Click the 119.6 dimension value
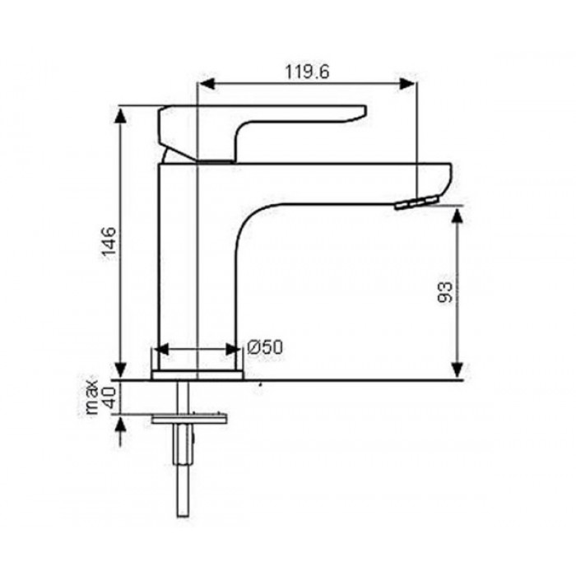pyautogui.click(x=308, y=72)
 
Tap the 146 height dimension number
pyautogui.click(x=109, y=243)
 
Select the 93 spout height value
pyautogui.click(x=445, y=292)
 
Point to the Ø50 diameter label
pyautogui.click(x=265, y=347)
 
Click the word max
pyautogui.click(x=92, y=394)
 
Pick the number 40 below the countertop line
pyautogui.click(x=109, y=397)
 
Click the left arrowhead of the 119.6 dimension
pyautogui.click(x=207, y=83)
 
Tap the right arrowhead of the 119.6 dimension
pyautogui.click(x=407, y=83)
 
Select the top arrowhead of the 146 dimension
pyautogui.click(x=120, y=116)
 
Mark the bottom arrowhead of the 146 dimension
pyautogui.click(x=120, y=370)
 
